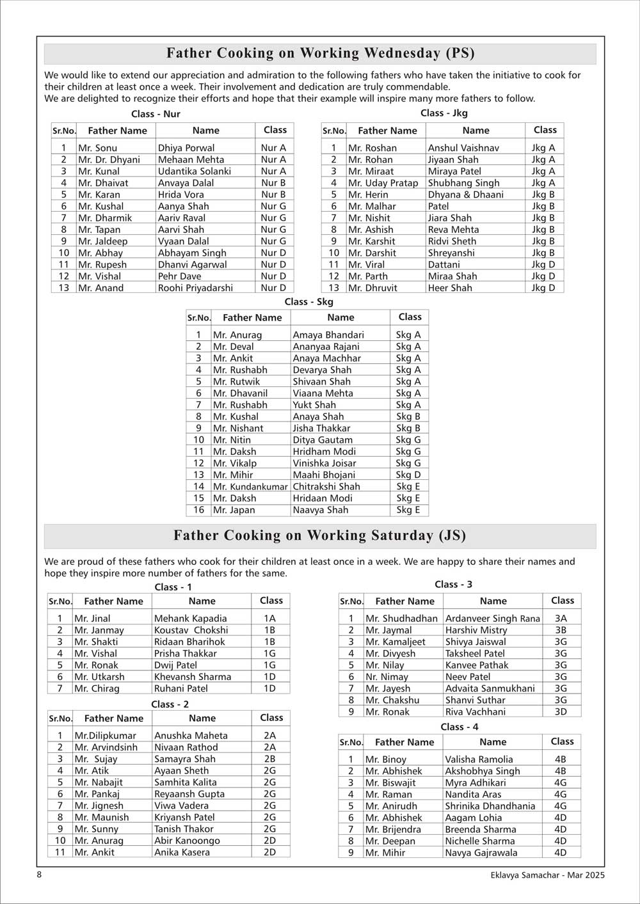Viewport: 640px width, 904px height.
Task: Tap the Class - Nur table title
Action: [156, 114]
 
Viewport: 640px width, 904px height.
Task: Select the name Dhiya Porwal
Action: [186, 148]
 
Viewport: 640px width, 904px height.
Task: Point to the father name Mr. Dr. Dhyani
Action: [109, 159]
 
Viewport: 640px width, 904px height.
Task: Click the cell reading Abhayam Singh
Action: [192, 253]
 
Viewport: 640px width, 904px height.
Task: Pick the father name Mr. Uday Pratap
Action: [383, 183]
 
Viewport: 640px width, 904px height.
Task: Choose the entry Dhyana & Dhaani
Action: [465, 194]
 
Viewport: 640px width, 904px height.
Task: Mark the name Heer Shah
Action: [450, 288]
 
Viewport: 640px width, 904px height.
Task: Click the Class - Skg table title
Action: [308, 301]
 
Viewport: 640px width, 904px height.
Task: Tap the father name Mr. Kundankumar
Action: [250, 486]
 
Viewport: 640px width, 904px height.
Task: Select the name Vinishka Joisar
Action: [324, 463]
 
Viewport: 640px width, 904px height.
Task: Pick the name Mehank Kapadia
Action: [190, 619]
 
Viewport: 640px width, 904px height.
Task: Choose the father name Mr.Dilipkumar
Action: [105, 736]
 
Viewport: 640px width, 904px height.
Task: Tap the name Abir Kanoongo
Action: [187, 841]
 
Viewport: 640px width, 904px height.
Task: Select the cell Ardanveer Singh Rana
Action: [493, 619]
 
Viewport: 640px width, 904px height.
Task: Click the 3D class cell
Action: [561, 711]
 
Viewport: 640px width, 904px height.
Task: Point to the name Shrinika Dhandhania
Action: [490, 806]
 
